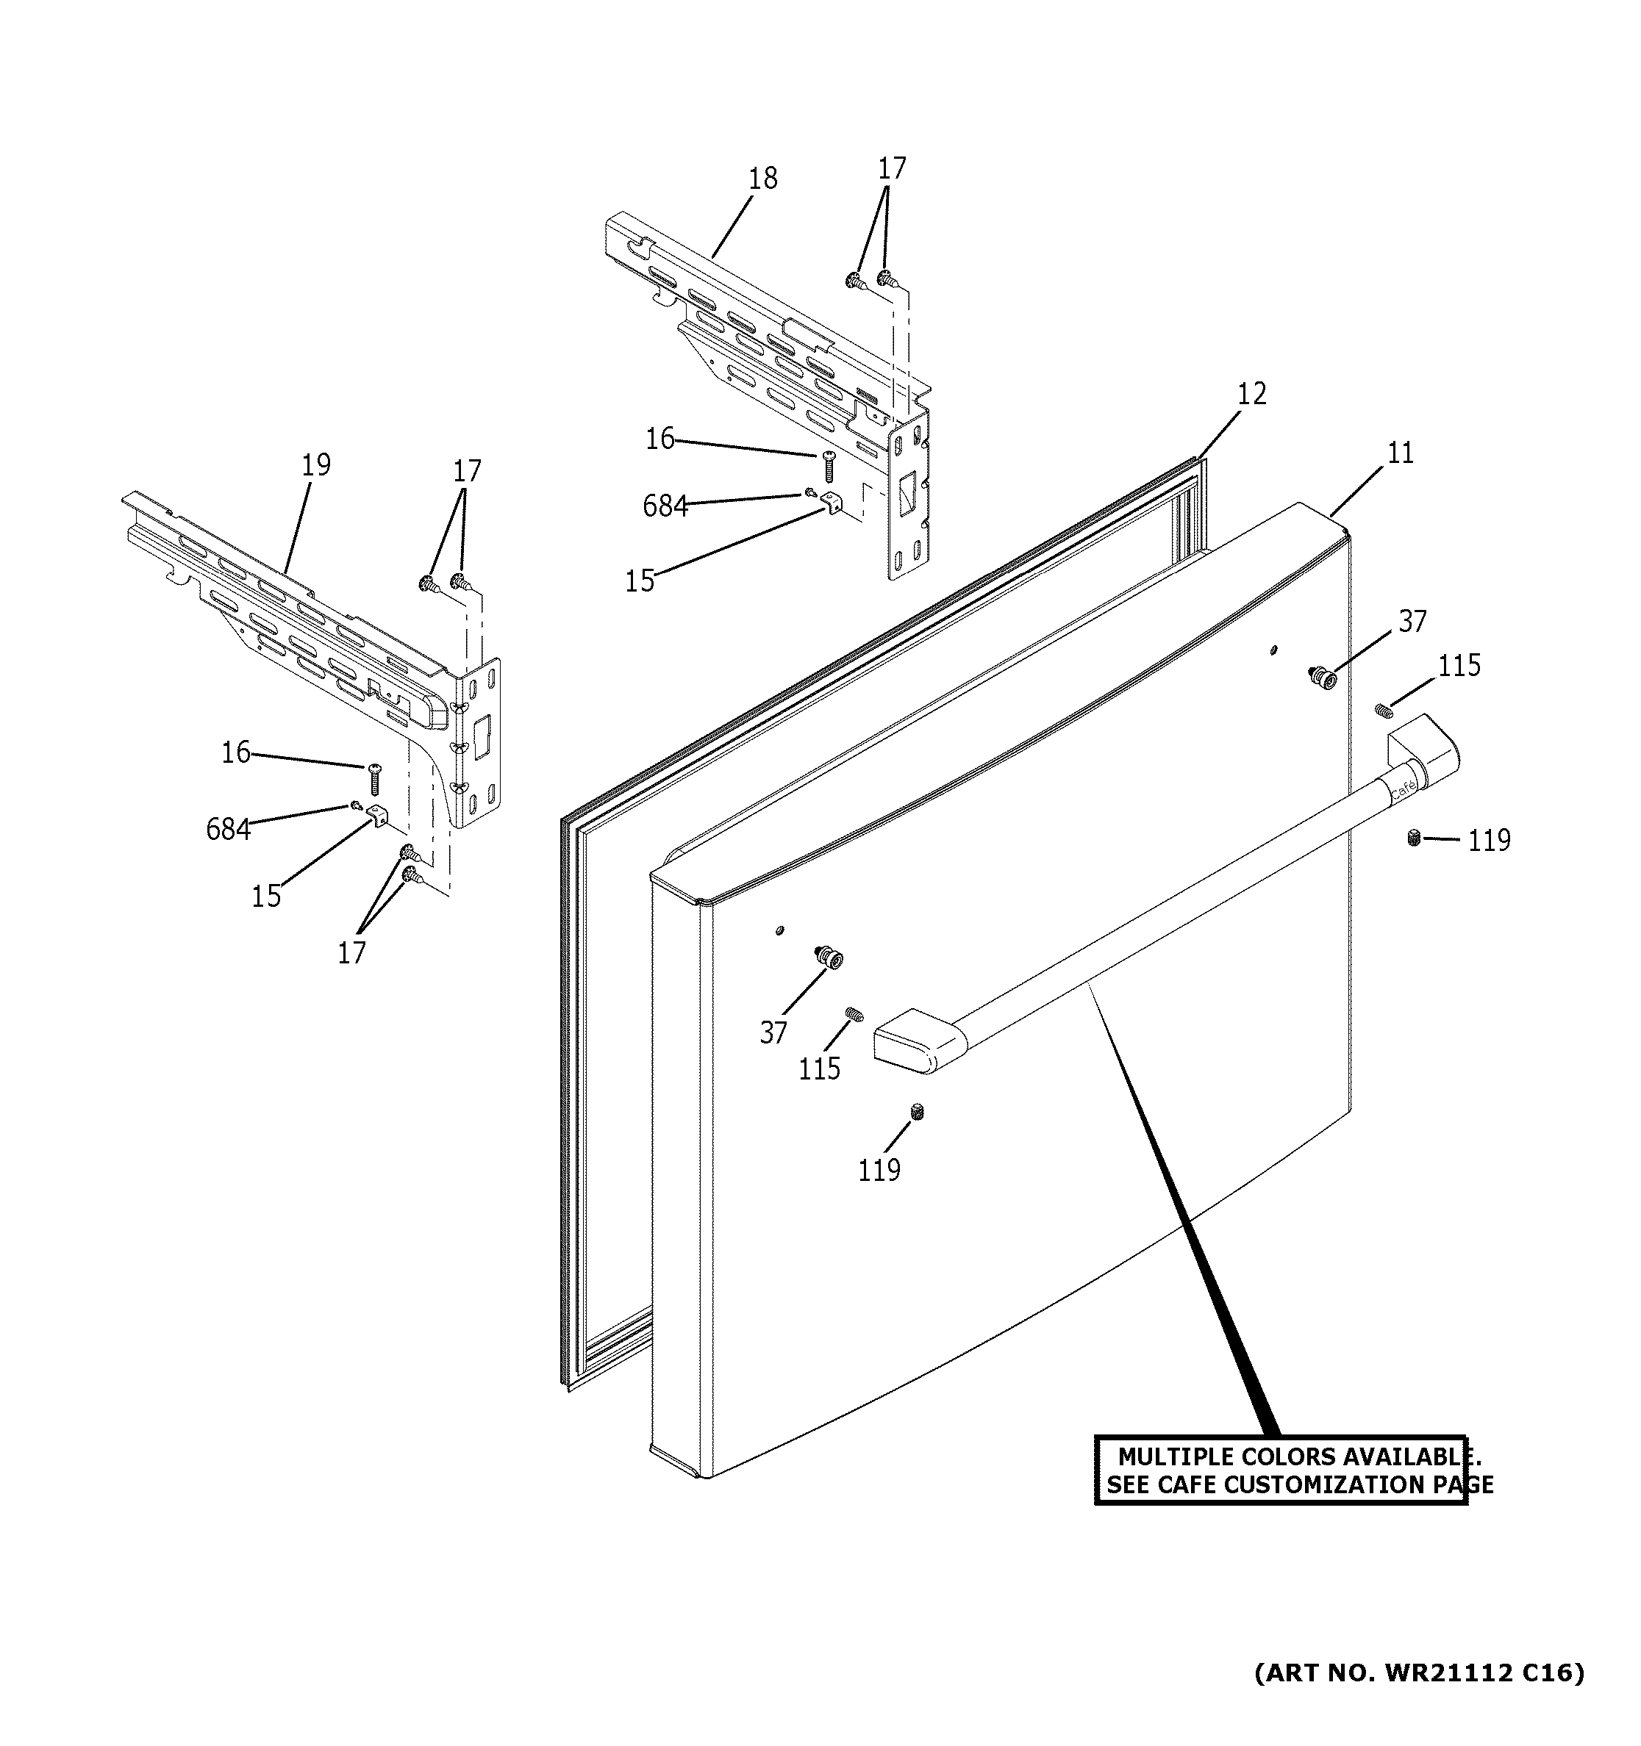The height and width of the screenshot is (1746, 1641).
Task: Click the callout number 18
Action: pos(762,179)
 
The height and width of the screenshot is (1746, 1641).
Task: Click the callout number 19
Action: pos(315,465)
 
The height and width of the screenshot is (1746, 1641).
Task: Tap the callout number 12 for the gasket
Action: pos(1252,395)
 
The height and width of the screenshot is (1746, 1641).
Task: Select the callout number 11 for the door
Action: pos(1401,453)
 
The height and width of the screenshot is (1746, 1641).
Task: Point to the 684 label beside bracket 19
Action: pos(227,829)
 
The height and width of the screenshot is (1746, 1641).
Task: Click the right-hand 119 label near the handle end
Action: pos(1489,841)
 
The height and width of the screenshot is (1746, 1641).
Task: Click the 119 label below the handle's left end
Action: pos(879,1171)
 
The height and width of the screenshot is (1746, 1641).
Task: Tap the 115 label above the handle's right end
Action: pos(1459,667)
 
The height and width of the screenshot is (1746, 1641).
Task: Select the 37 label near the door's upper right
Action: pos(1412,622)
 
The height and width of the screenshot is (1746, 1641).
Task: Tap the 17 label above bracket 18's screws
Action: pos(892,168)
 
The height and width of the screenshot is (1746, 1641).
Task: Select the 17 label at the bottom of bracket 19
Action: pos(351,953)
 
